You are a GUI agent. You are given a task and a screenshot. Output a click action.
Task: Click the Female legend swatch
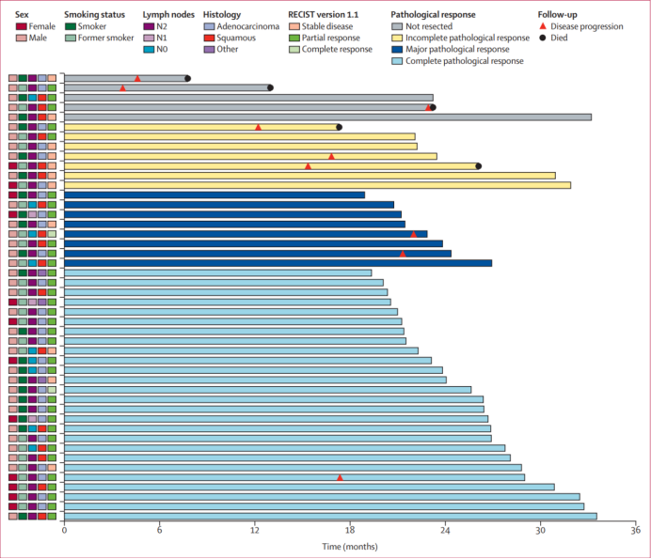tap(21, 26)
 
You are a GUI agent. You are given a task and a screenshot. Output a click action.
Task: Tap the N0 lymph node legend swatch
tap(149, 50)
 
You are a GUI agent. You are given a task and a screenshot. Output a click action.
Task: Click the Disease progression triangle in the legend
tap(544, 26)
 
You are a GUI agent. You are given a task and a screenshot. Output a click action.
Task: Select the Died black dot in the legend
tap(544, 39)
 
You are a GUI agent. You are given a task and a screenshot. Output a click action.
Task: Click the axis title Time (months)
tap(350, 547)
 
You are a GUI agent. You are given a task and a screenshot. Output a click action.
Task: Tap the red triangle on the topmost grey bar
tap(137, 78)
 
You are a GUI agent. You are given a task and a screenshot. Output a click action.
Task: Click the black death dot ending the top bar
tap(188, 79)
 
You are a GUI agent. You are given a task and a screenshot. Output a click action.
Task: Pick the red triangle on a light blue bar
tap(340, 477)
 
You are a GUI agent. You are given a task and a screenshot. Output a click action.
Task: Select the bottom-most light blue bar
tap(330, 516)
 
